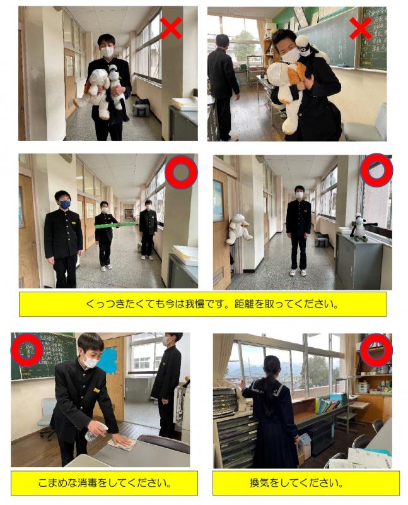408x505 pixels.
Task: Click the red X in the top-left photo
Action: click(x=171, y=28)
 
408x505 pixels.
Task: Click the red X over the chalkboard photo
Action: click(x=360, y=28)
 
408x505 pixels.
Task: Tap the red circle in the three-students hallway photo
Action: click(x=181, y=172)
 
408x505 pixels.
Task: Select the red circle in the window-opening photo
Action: click(x=376, y=350)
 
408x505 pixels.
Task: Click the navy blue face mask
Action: click(x=66, y=204)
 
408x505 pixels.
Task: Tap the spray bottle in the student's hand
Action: click(x=95, y=432)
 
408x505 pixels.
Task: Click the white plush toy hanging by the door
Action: click(x=238, y=230)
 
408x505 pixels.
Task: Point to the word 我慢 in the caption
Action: click(x=195, y=304)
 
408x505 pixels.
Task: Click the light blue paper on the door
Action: click(x=107, y=360)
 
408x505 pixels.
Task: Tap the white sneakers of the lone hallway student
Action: click(x=298, y=273)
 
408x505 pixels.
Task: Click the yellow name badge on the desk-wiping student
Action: click(x=96, y=390)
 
